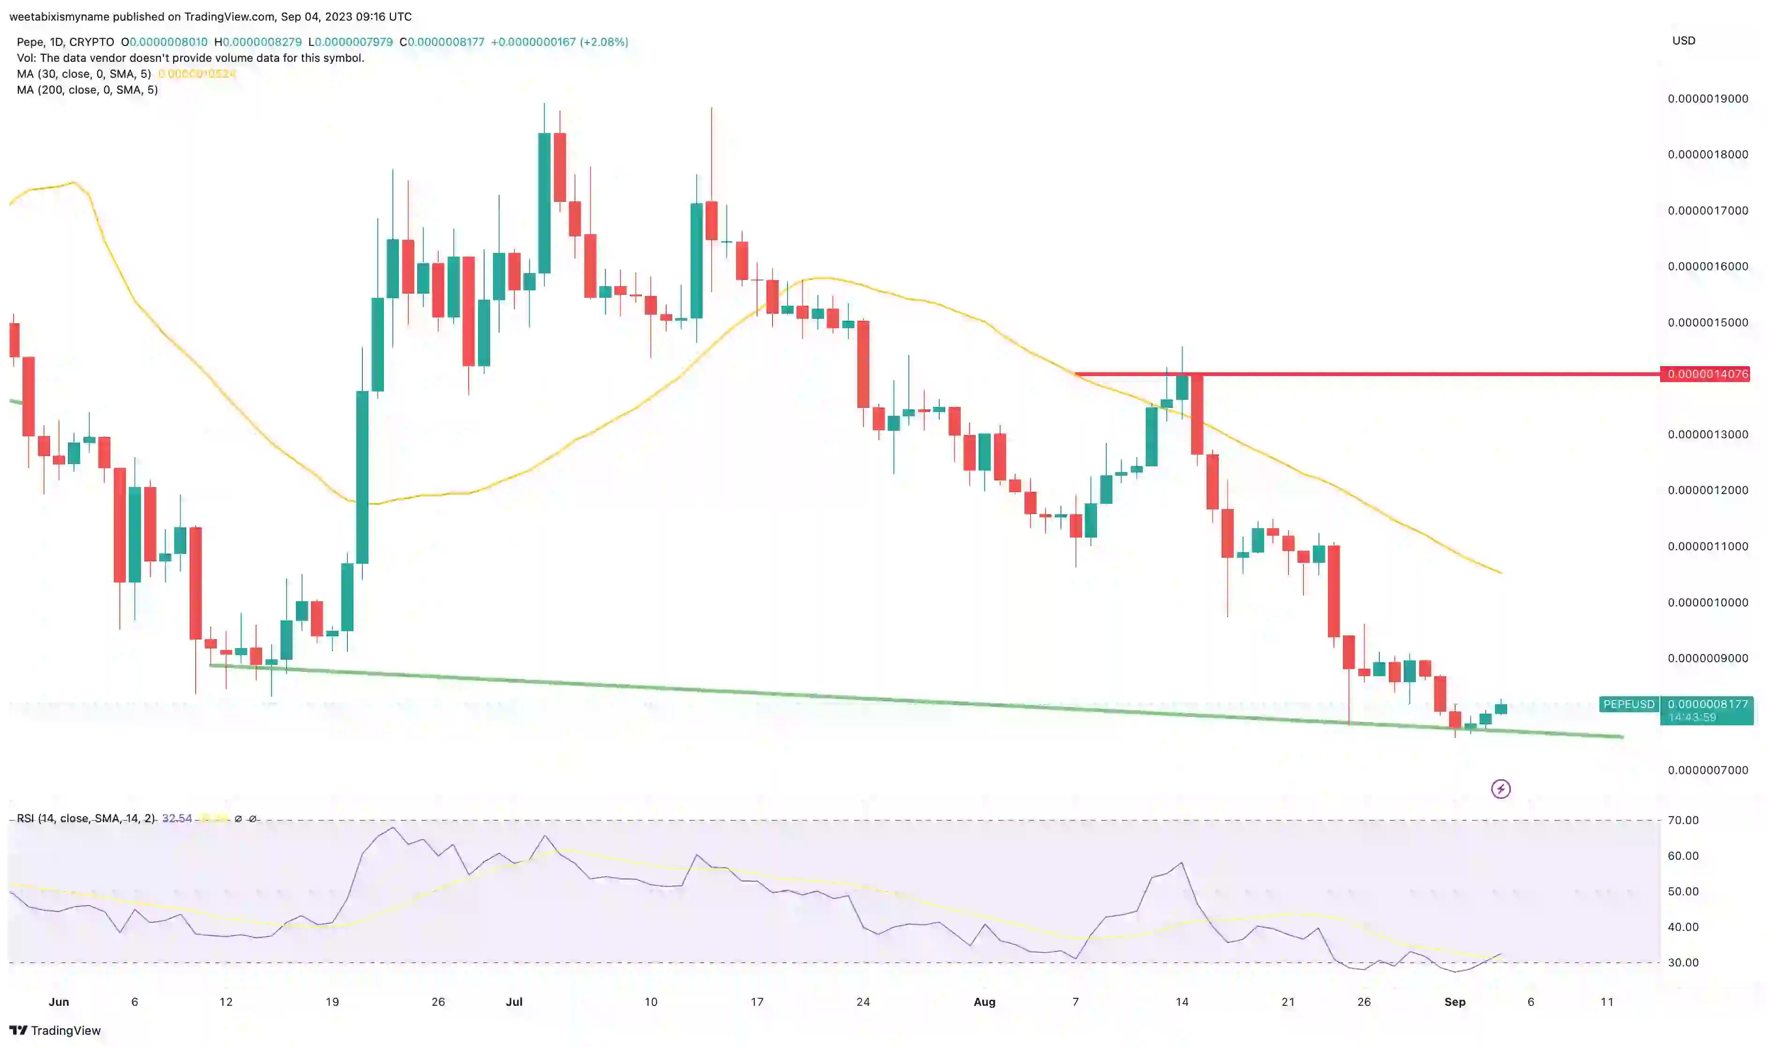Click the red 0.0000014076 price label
coord(1707,374)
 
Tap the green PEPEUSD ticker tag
coord(1628,704)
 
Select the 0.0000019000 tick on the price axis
coord(1707,99)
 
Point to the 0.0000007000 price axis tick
coord(1707,770)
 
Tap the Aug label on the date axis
coord(984,1002)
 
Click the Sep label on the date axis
coord(1455,1002)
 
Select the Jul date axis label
coord(514,1002)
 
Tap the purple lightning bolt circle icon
coord(1501,789)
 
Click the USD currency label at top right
coord(1683,41)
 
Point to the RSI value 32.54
coord(177,818)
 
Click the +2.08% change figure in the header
coord(604,42)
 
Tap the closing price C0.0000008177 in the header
coord(442,42)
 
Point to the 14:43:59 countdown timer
coord(1692,717)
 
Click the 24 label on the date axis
coord(863,1002)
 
